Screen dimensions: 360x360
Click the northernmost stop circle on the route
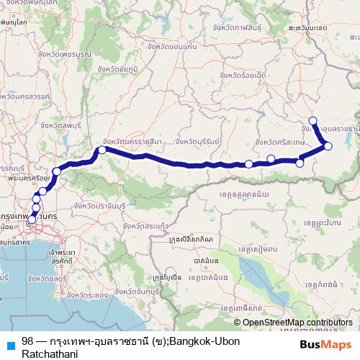(312, 121)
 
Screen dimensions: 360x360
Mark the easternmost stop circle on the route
(328, 146)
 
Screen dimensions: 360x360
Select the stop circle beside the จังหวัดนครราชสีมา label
(102, 150)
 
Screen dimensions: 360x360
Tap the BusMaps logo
(325, 344)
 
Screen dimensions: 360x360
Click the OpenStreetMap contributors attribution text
(297, 323)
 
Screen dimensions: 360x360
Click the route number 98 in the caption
(27, 341)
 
